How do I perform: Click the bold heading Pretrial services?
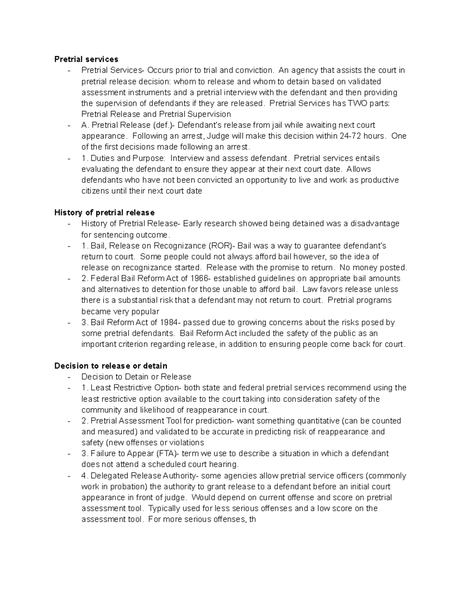pyautogui.click(x=86, y=59)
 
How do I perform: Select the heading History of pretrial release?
pyautogui.click(x=104, y=213)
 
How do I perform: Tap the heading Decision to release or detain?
pyautogui.click(x=111, y=366)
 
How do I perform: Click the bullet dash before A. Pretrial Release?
pyautogui.click(x=69, y=125)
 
